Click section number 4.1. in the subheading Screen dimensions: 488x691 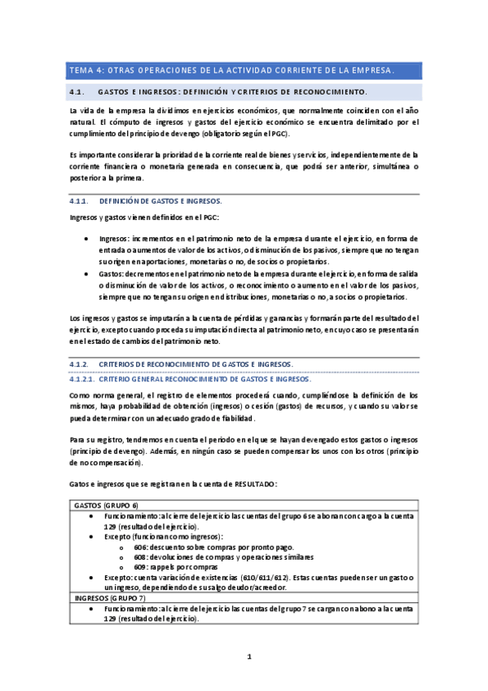click(x=79, y=91)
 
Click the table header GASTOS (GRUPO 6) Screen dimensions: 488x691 click(x=106, y=506)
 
